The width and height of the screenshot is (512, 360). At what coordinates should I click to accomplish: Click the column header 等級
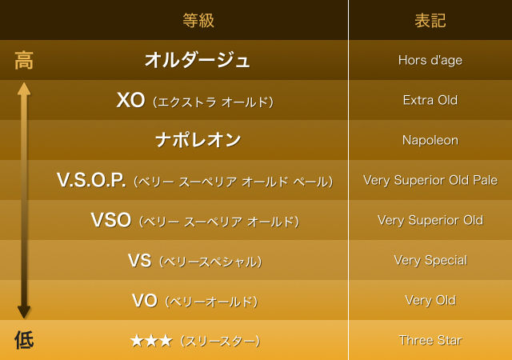(198, 20)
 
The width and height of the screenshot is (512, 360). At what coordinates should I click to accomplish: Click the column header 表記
(430, 20)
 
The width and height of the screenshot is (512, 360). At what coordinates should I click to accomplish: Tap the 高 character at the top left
(24, 60)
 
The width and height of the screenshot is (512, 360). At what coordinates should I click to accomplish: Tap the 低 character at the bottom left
(24, 340)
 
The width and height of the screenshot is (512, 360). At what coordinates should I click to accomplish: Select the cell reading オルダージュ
(198, 60)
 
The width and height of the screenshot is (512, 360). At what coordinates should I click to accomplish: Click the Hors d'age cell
(430, 60)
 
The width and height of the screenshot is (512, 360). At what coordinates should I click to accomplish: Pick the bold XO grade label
(130, 100)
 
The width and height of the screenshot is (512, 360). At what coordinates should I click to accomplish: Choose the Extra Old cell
(430, 100)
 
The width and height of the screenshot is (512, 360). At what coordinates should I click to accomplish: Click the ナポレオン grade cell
(198, 140)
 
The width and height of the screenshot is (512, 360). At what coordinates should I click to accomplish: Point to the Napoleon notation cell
(430, 140)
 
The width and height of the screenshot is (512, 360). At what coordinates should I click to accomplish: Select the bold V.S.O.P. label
(91, 180)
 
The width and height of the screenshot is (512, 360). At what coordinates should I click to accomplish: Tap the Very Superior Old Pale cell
(430, 180)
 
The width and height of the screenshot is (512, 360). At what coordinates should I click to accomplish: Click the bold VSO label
(111, 220)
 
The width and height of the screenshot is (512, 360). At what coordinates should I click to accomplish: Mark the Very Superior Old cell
(430, 220)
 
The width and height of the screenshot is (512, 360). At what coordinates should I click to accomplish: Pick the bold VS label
(139, 260)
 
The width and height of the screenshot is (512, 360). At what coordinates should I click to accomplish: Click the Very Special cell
(430, 260)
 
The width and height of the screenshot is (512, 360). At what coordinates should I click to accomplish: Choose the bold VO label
(145, 300)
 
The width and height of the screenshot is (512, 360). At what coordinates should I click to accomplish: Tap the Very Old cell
(430, 300)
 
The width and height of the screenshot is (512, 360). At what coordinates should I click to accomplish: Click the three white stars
(151, 341)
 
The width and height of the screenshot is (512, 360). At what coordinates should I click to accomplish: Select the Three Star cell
(430, 340)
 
